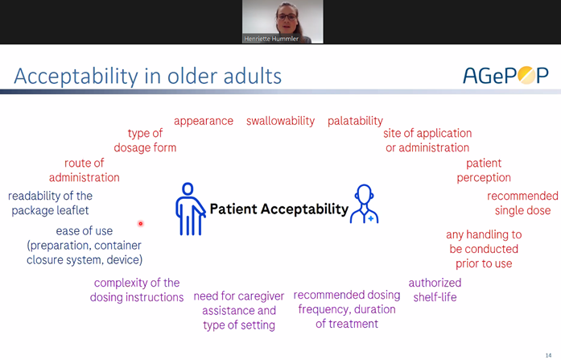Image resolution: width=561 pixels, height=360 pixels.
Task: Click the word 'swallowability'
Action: pyautogui.click(x=280, y=122)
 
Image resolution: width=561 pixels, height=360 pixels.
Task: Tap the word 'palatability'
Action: pyautogui.click(x=355, y=122)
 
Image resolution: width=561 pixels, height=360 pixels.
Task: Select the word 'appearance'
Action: pyautogui.click(x=204, y=122)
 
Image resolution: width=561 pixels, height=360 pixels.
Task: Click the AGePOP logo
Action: pyautogui.click(x=505, y=76)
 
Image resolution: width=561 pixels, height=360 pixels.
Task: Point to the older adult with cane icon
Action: pyautogui.click(x=190, y=209)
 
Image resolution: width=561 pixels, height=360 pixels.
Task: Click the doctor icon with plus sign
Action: pyautogui.click(x=365, y=204)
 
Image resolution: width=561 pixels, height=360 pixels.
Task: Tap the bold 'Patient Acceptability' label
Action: pyautogui.click(x=279, y=209)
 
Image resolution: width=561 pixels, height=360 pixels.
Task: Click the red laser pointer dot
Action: pyautogui.click(x=141, y=224)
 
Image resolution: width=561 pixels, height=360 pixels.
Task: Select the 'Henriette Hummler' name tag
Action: pyautogui.click(x=271, y=39)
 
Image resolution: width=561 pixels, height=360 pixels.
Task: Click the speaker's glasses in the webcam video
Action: pyautogui.click(x=287, y=16)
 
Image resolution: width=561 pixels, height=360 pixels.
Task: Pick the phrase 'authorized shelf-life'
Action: pyautogui.click(x=435, y=290)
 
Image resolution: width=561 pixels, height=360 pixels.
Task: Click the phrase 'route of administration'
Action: pyautogui.click(x=84, y=171)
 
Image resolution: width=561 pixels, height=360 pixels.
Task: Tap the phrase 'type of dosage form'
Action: pyautogui.click(x=145, y=140)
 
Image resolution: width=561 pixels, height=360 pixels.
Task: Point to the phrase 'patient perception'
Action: pyautogui.click(x=484, y=171)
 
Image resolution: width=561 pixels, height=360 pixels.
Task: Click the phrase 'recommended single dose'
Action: pyautogui.click(x=522, y=203)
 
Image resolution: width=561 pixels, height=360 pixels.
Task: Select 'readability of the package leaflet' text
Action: pyautogui.click(x=50, y=203)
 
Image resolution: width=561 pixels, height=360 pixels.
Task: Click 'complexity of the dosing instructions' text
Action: pyautogui.click(x=137, y=290)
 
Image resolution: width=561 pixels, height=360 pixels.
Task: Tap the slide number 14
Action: pyautogui.click(x=548, y=355)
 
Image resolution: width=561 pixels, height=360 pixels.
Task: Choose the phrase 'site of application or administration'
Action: pyautogui.click(x=427, y=140)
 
